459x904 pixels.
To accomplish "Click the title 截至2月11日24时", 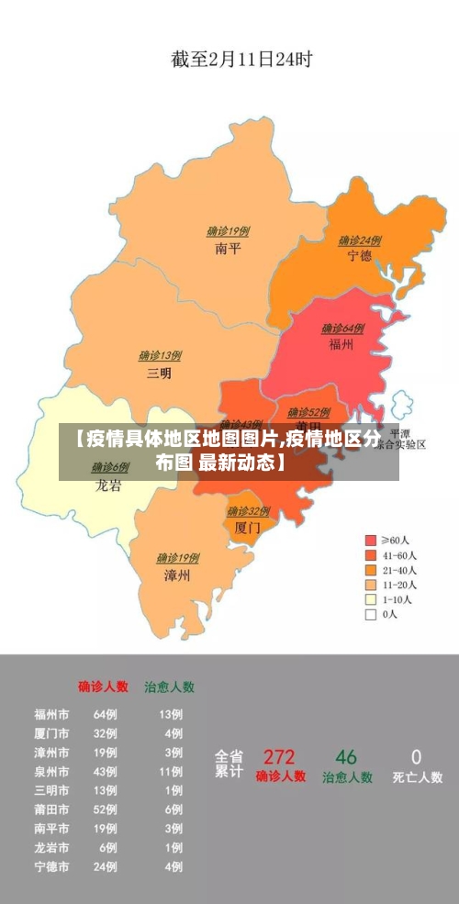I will tap(241, 60).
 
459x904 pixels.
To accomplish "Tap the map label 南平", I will tap(228, 249).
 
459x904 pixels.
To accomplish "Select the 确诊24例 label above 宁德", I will tap(359, 240).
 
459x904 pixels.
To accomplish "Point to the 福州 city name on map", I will tap(341, 345).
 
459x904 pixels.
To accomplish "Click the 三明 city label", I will tap(159, 374).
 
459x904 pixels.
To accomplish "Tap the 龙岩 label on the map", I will tap(108, 485).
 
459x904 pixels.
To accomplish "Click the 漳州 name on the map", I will tap(177, 575).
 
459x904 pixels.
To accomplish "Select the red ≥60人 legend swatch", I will tap(371, 541).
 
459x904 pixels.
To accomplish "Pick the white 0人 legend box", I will tap(371, 615).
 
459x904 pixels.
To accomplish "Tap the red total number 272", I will tap(279, 757).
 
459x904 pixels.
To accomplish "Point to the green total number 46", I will tap(346, 757).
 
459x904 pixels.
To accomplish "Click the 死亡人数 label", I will tap(417, 777).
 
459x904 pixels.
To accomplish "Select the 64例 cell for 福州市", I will tap(106, 714).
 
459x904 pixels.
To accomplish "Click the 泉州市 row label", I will tap(51, 772).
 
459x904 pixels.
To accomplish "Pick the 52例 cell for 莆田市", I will tap(106, 810).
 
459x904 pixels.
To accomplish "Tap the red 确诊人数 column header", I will tap(103, 686).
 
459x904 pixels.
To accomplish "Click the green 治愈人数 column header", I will tap(169, 686).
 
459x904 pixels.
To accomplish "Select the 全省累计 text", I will tap(229, 764).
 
